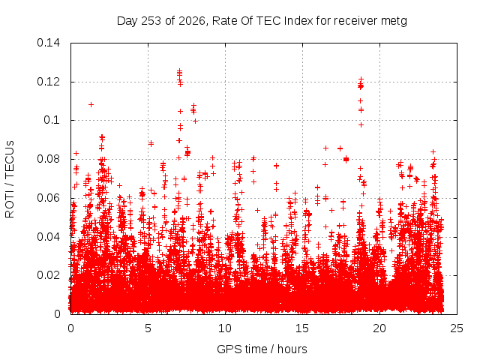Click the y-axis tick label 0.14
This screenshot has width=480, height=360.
point(48,43)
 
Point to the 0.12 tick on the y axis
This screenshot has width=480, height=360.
point(48,82)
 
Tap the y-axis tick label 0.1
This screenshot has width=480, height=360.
point(52,120)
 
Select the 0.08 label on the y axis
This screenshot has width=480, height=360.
point(48,159)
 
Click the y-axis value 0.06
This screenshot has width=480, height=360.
point(48,198)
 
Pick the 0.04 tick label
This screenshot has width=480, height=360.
point(48,237)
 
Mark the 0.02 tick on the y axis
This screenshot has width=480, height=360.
point(48,275)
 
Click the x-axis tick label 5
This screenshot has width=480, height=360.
point(148,328)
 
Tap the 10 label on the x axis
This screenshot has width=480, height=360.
point(225,328)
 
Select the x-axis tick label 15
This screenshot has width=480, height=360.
point(302,328)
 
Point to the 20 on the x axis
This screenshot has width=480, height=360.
point(379,328)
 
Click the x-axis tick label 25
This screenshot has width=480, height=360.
point(457,328)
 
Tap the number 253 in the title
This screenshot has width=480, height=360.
point(151,21)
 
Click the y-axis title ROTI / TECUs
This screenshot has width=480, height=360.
point(10,179)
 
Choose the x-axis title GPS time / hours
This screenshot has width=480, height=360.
point(262,349)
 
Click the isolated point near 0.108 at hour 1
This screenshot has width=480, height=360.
point(91,105)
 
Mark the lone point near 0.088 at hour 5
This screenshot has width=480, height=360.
point(151,143)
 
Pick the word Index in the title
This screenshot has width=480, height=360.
point(298,21)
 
